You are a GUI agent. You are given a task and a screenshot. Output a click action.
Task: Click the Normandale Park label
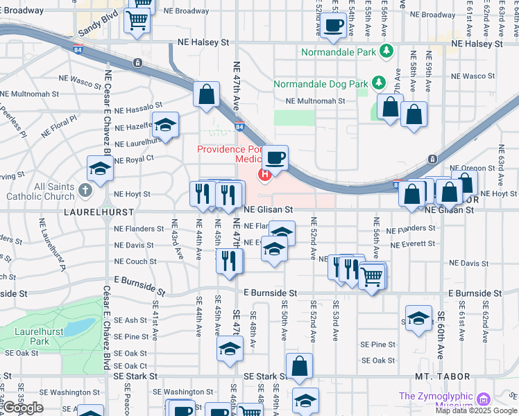coord(338,52)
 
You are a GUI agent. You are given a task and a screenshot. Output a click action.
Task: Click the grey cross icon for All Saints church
coord(85,189)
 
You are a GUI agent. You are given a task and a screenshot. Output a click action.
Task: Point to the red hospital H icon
coord(264,174)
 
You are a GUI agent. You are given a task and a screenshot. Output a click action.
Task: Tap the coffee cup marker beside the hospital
coord(276,159)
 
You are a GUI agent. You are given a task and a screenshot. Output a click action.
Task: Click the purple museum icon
coord(484,399)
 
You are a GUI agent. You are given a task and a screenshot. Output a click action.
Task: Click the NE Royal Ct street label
coord(134,159)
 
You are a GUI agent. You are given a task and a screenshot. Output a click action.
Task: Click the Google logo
coord(23,408)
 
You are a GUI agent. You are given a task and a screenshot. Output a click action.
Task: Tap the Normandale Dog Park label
coord(320,84)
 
